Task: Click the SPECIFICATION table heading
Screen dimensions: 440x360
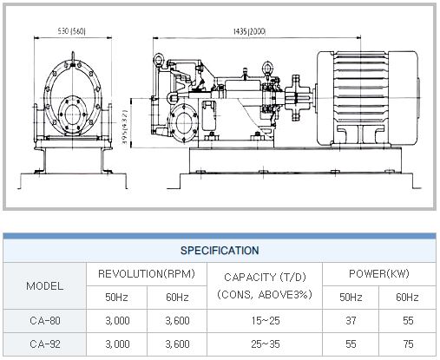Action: coord(220,251)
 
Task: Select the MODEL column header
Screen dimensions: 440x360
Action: coord(44,286)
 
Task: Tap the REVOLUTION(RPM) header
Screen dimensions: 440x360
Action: coord(147,273)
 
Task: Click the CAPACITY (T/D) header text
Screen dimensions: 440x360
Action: coord(265,278)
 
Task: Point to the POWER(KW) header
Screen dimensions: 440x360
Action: coord(379,273)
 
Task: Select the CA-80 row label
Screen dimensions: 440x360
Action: coord(45,321)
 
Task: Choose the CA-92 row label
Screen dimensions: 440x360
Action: coord(45,344)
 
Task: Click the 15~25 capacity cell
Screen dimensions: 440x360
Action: coord(266,321)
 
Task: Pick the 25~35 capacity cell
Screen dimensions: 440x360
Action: coord(266,344)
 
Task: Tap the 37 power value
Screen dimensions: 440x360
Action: coord(351,321)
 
